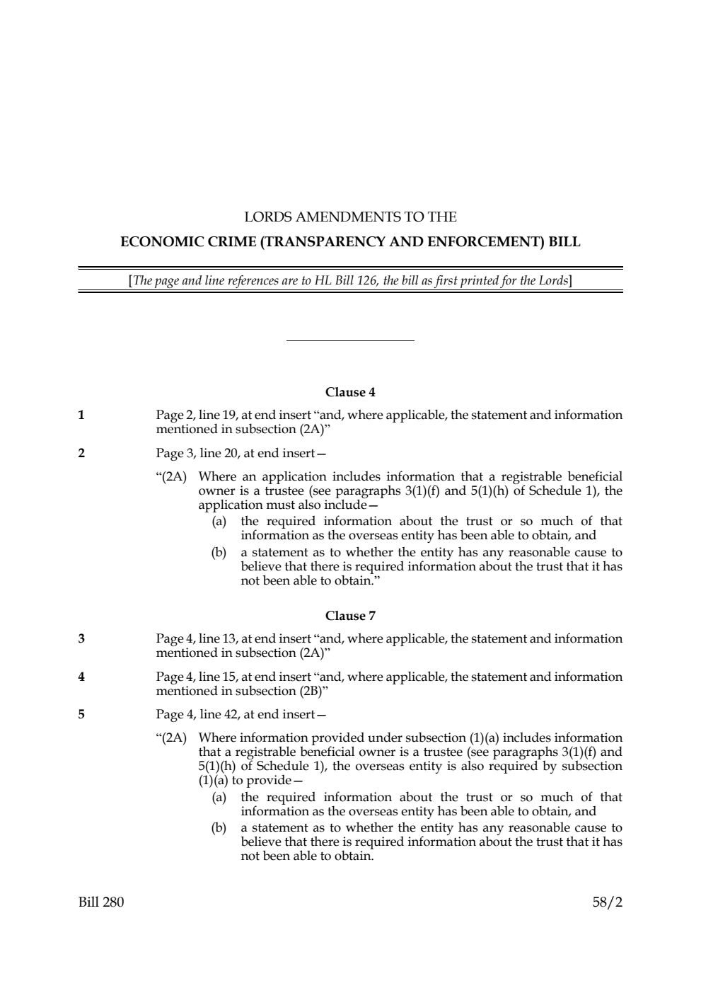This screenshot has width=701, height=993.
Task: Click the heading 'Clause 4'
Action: (x=350, y=392)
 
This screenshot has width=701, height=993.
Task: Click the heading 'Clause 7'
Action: (x=350, y=616)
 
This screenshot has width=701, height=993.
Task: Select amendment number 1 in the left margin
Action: (x=81, y=415)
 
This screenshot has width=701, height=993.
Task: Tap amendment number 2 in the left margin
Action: (x=81, y=453)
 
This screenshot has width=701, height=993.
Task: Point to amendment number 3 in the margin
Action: (x=81, y=639)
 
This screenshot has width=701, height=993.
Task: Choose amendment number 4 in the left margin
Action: (x=81, y=677)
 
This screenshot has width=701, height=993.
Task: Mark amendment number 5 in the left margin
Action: (x=81, y=714)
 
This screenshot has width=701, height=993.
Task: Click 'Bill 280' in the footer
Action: (x=101, y=902)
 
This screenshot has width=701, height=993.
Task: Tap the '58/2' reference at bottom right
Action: (x=608, y=902)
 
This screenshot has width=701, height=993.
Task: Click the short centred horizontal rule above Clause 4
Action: (x=350, y=341)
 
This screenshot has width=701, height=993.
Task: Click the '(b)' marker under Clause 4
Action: (x=219, y=552)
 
